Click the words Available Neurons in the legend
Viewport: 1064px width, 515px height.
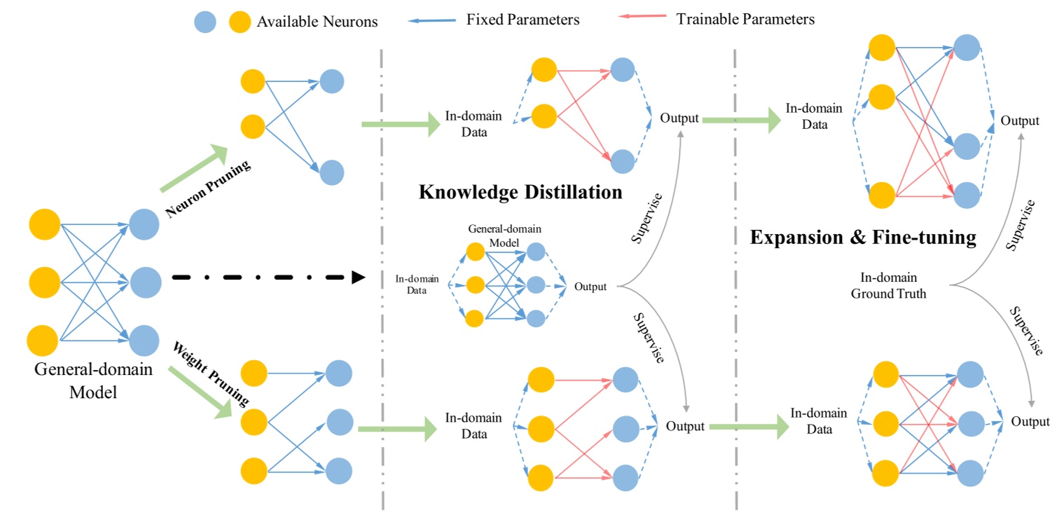click(317, 22)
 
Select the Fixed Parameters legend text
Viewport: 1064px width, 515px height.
click(523, 20)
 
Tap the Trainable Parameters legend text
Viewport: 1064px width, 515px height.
click(745, 20)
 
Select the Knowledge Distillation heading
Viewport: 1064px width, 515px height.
click(520, 192)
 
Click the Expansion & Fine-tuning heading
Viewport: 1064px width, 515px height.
click(863, 238)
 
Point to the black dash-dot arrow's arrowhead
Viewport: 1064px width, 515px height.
click(357, 277)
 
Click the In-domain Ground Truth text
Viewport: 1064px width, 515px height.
click(888, 286)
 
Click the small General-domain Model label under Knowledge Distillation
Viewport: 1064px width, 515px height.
click(504, 235)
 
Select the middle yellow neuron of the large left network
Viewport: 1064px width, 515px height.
click(44, 282)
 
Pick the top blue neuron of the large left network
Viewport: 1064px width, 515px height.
click(144, 224)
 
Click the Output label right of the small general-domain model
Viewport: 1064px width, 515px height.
click(590, 287)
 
